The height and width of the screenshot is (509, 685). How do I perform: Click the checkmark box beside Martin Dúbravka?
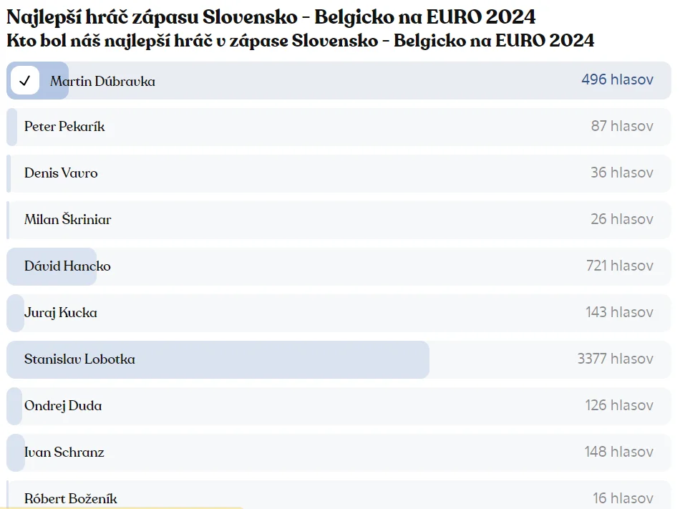coord(25,81)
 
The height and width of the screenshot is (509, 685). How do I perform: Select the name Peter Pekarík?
coord(64,127)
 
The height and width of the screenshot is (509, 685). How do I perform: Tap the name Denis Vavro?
coord(61,173)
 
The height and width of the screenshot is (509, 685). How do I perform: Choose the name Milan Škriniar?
coord(67,220)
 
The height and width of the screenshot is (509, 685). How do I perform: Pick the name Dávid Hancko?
coord(67,266)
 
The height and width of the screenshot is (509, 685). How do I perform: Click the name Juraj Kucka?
coord(61,313)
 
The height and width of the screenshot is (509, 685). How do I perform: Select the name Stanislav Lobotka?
coord(79,359)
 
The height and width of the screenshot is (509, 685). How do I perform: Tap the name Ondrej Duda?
coord(63,406)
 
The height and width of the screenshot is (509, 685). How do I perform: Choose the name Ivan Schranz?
coord(64,452)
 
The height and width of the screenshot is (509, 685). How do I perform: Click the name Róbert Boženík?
coord(71,498)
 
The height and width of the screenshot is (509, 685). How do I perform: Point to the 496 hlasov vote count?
coord(617,79)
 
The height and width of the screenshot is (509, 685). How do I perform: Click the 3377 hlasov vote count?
coord(615,359)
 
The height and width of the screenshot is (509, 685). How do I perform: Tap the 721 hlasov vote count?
coord(619,266)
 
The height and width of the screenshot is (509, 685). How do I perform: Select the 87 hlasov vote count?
coord(622,126)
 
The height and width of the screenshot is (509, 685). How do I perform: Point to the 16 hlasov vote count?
coord(623,498)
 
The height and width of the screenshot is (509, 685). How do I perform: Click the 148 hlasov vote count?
coord(618,452)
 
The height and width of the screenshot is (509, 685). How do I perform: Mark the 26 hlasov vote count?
coord(622,219)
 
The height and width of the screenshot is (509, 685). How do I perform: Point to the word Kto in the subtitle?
coord(21,40)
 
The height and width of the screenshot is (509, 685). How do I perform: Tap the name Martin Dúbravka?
coord(102,81)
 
